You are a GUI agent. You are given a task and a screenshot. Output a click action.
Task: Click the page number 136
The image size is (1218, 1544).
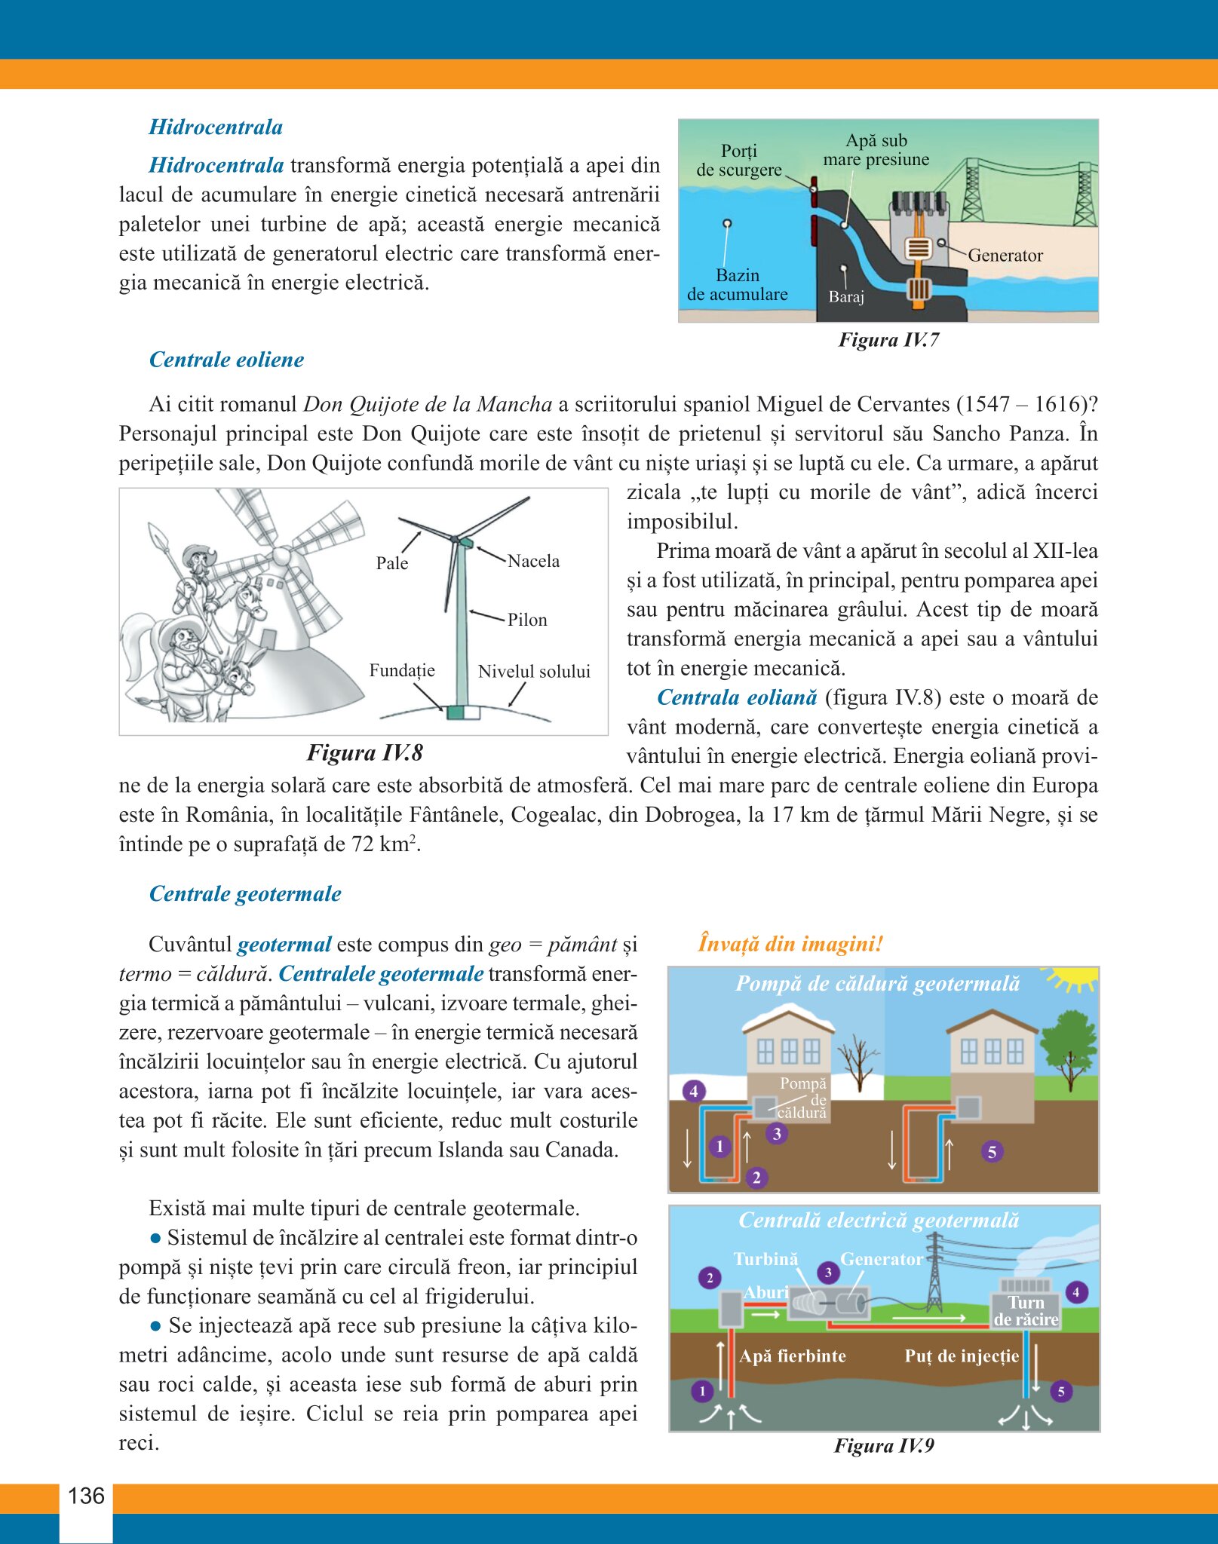pyautogui.click(x=86, y=1496)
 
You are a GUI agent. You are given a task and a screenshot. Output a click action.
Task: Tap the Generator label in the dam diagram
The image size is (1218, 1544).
pyautogui.click(x=1005, y=256)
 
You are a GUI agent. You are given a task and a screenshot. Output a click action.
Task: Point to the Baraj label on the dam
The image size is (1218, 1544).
pyautogui.click(x=846, y=296)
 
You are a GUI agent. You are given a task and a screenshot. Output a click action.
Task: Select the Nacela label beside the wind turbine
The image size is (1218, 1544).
pyautogui.click(x=533, y=561)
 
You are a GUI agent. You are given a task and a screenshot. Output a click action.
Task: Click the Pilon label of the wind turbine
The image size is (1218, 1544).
pyautogui.click(x=527, y=620)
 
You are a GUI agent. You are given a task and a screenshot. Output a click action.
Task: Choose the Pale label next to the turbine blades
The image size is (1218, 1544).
pyautogui.click(x=391, y=563)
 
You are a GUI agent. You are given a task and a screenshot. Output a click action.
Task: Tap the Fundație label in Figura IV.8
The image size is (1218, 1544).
pyautogui.click(x=402, y=670)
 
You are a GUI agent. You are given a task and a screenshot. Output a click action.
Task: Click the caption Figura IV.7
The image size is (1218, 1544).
pyautogui.click(x=888, y=340)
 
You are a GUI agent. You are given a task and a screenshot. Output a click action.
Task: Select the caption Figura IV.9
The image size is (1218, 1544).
pyautogui.click(x=884, y=1445)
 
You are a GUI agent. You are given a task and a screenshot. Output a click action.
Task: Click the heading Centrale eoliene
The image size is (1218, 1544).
pyautogui.click(x=226, y=360)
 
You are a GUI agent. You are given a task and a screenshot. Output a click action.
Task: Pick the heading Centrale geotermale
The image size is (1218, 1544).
pyautogui.click(x=245, y=893)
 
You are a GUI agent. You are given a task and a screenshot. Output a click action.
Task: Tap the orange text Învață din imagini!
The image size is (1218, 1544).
pyautogui.click(x=790, y=944)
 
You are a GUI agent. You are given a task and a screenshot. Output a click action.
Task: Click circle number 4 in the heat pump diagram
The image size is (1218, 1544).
pyautogui.click(x=694, y=1090)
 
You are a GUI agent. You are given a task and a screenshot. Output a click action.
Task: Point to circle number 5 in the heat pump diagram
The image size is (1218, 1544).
pyautogui.click(x=992, y=1151)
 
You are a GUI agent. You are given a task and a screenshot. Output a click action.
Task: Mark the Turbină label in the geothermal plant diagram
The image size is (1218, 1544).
pyautogui.click(x=765, y=1259)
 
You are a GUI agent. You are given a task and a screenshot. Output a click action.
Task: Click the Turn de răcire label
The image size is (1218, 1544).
pyautogui.click(x=1026, y=1311)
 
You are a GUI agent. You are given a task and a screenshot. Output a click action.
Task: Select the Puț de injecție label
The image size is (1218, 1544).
pyautogui.click(x=962, y=1356)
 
